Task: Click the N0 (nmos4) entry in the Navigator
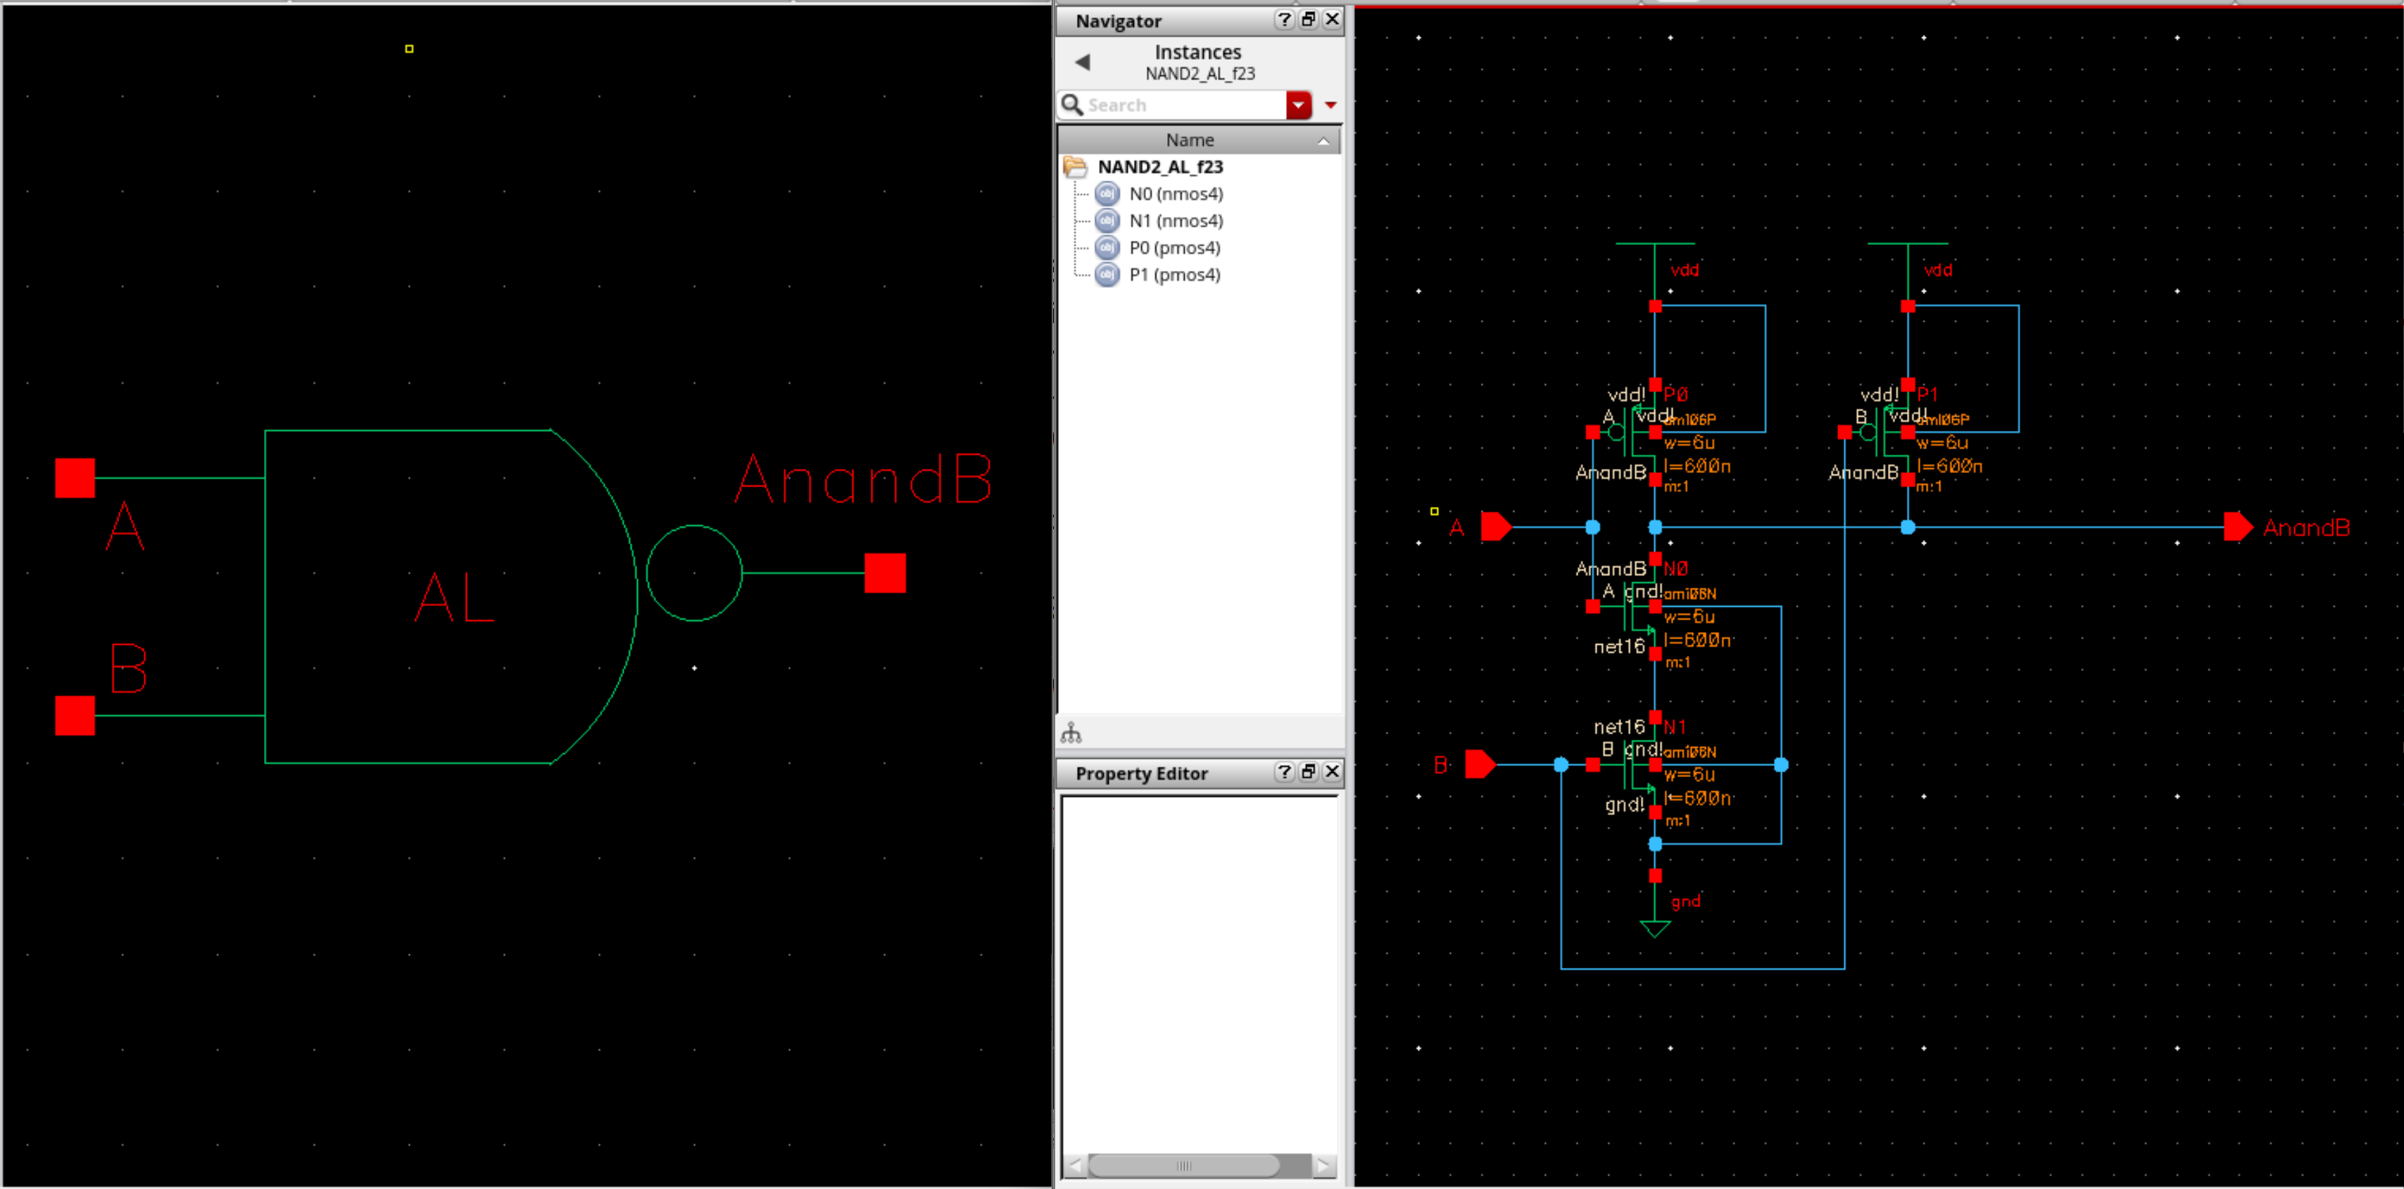click(1175, 194)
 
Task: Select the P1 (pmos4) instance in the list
click(1174, 275)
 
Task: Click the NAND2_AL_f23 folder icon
click(1075, 167)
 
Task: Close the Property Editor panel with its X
click(1332, 772)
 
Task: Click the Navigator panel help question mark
click(1284, 20)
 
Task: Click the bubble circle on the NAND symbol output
click(693, 573)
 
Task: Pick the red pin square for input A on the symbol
click(75, 478)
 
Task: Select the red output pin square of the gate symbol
click(885, 573)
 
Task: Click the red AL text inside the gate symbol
click(455, 598)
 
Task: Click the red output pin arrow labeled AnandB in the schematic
click(2238, 527)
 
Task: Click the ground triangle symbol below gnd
click(1654, 929)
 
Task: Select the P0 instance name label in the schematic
click(1676, 394)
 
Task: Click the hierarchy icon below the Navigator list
click(1071, 734)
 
